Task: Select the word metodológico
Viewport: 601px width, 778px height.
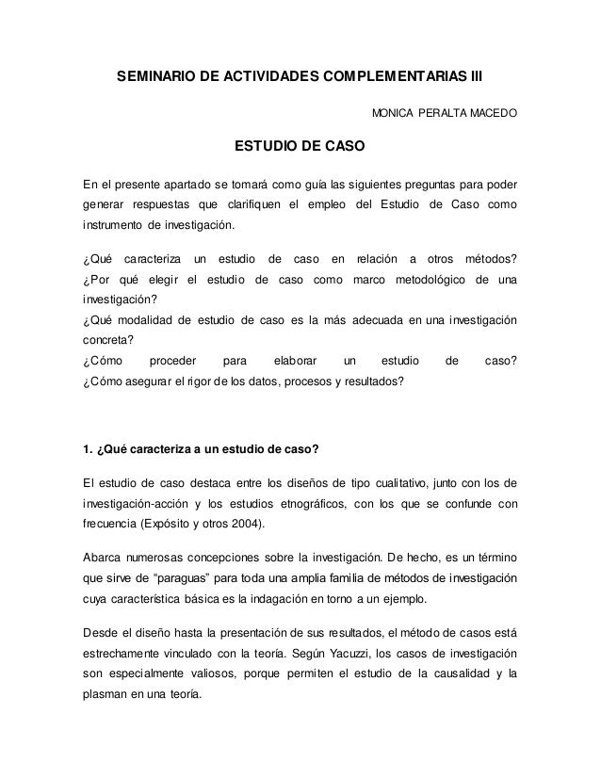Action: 425,281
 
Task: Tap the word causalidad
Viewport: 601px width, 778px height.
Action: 457,675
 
